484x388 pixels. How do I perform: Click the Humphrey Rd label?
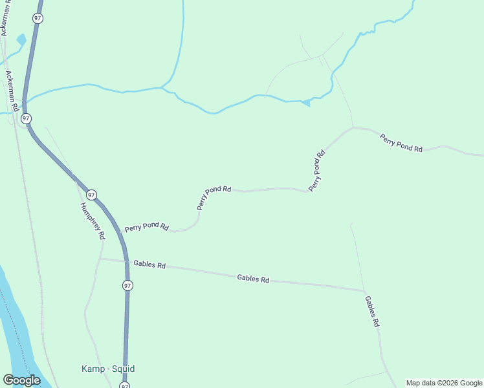click(x=92, y=221)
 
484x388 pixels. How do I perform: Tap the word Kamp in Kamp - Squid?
click(x=93, y=369)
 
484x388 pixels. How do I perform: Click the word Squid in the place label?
click(x=122, y=369)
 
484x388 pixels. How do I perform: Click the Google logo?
click(x=21, y=380)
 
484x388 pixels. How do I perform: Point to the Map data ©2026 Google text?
click(x=444, y=383)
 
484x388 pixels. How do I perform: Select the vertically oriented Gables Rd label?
click(x=371, y=312)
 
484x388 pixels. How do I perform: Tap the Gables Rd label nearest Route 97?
click(x=149, y=264)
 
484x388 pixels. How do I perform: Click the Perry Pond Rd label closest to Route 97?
click(x=147, y=228)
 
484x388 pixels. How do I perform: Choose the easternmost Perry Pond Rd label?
click(x=401, y=143)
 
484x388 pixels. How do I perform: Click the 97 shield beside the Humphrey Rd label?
click(x=91, y=194)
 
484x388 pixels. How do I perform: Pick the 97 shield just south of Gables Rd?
click(x=127, y=285)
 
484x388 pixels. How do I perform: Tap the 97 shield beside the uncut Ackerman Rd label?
click(x=25, y=118)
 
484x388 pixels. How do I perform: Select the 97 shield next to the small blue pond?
click(x=38, y=19)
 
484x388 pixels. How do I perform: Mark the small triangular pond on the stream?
click(x=305, y=102)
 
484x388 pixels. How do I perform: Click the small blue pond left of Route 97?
click(x=21, y=39)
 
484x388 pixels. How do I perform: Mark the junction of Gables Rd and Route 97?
click(x=126, y=261)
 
